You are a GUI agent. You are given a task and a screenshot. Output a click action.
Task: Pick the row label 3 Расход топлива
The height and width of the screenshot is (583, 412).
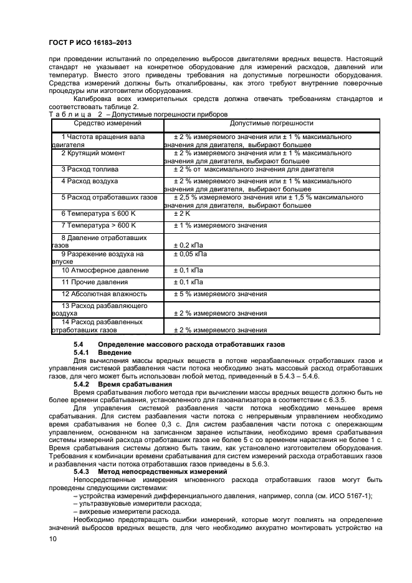pos(90,169)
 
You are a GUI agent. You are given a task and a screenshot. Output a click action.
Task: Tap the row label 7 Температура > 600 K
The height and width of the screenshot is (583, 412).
pos(98,225)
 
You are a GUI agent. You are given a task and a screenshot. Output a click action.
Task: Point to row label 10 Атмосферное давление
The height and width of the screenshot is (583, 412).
pos(105,270)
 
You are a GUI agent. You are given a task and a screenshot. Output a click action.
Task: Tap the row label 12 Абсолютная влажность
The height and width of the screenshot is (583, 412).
pos(103,294)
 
